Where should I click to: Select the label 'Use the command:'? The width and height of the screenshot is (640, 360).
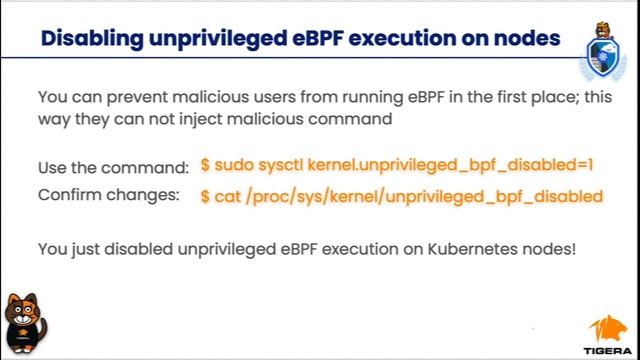pyautogui.click(x=113, y=166)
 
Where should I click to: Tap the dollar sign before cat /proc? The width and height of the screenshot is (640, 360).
pyautogui.click(x=205, y=194)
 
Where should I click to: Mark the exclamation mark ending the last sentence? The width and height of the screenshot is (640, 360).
pyautogui.click(x=574, y=248)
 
